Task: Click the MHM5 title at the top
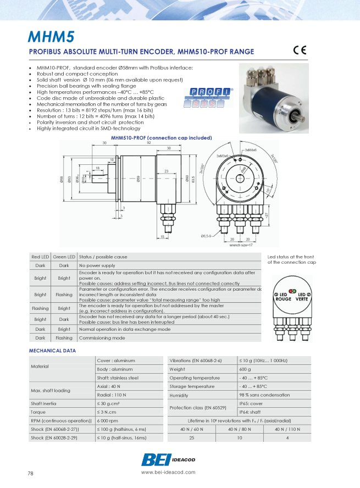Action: point(51,37)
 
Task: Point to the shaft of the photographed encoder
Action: point(301,117)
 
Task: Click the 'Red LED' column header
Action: point(40,257)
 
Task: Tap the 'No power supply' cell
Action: point(97,265)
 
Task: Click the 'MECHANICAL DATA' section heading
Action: point(52,350)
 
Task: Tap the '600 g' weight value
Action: point(246,369)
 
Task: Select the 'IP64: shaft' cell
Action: point(251,411)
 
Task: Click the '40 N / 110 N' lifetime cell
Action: point(287,429)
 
